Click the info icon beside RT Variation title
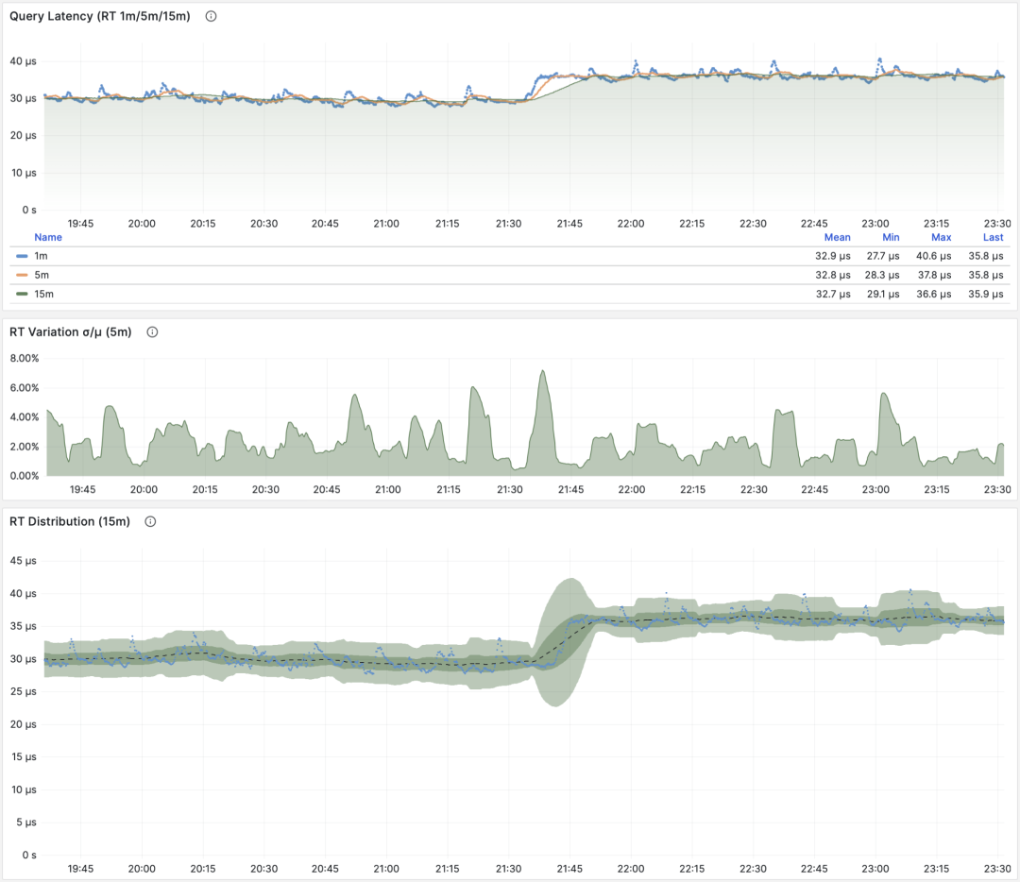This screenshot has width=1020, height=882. click(x=152, y=332)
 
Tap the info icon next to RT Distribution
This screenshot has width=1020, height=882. click(x=150, y=521)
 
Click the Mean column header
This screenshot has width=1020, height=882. click(x=837, y=237)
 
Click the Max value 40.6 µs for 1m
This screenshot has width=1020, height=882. click(x=935, y=256)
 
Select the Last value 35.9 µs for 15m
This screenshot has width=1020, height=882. click(x=986, y=294)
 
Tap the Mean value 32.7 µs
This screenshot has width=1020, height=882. click(x=832, y=294)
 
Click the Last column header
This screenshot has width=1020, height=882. click(x=993, y=237)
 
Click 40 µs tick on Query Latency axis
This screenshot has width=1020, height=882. click(x=23, y=61)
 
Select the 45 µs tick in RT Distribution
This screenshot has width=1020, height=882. click(x=23, y=561)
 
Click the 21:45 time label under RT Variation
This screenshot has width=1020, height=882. click(x=570, y=490)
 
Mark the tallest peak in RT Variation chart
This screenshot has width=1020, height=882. click(x=542, y=371)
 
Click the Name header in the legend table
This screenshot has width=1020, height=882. click(x=47, y=237)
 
